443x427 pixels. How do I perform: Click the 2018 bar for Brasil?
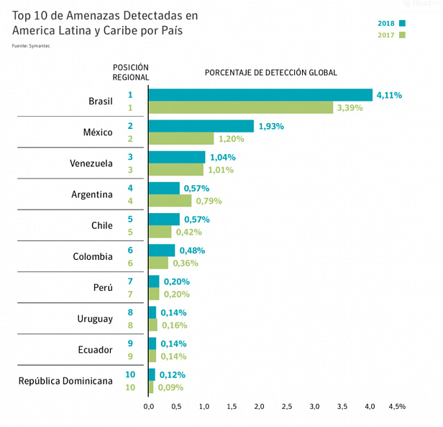(260, 95)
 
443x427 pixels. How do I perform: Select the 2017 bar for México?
(181, 138)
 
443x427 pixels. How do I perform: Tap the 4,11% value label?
(388, 95)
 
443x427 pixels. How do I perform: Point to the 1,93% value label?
(271, 126)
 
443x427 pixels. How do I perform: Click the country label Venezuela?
(91, 163)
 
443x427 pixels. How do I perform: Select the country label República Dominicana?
(65, 381)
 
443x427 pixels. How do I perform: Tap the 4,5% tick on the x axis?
(397, 407)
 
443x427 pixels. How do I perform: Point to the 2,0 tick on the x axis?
(260, 407)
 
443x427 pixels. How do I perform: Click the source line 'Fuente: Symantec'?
(32, 46)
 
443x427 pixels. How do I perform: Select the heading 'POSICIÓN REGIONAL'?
(131, 72)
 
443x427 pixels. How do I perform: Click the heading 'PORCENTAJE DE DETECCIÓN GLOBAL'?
(271, 73)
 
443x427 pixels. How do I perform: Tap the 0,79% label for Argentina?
(209, 201)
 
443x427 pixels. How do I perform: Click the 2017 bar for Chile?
(160, 232)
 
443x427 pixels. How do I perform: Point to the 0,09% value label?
(170, 387)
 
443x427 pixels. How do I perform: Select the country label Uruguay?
(95, 319)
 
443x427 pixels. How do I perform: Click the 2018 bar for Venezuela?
(177, 157)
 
